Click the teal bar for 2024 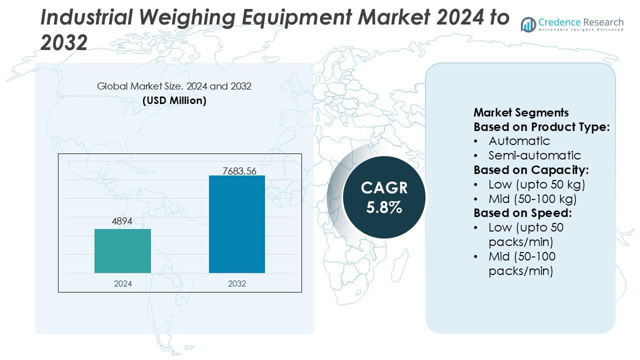tap(122, 250)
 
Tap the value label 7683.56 tap(239, 171)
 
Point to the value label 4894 tap(121, 221)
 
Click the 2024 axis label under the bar tap(123, 283)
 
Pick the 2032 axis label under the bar tap(237, 283)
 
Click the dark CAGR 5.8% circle tap(384, 197)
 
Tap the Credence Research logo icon tap(528, 24)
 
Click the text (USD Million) tap(174, 100)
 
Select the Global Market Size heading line tap(174, 86)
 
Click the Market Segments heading tap(521, 112)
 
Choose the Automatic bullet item tap(519, 141)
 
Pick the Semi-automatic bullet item tap(534, 155)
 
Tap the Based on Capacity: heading tap(531, 169)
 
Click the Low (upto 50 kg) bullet tap(536, 184)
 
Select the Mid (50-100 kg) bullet tap(532, 198)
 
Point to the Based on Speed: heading tap(522, 213)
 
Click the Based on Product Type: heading tap(541, 127)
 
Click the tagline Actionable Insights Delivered tap(581, 30)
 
